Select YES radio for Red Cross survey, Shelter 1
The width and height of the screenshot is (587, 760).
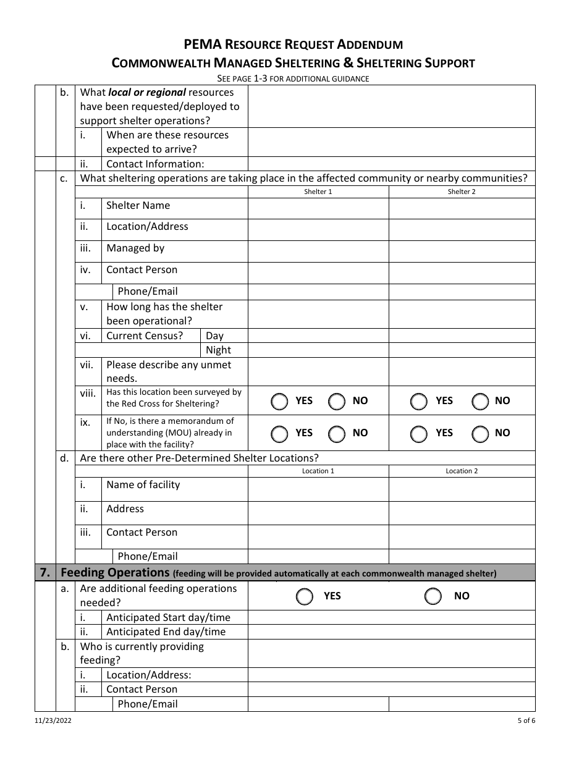tap(280, 402)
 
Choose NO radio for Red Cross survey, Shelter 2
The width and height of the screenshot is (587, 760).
tap(481, 402)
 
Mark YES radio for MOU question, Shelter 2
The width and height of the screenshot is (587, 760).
tap(419, 434)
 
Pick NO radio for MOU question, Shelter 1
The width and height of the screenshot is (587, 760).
tap(337, 434)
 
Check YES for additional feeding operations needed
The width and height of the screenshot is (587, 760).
tap(304, 596)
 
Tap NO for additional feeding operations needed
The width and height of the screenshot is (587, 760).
tap(434, 596)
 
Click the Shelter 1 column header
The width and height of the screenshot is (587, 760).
tap(318, 192)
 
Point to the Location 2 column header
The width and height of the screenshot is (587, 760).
tap(462, 471)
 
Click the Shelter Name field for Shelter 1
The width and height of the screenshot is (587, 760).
tap(318, 208)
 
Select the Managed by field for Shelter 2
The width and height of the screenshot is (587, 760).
tap(462, 251)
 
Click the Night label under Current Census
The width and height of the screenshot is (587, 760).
tap(218, 350)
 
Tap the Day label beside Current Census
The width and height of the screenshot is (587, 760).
tap(214, 336)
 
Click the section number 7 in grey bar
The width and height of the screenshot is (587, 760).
tap(45, 573)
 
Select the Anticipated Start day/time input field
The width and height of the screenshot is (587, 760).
tap(391, 617)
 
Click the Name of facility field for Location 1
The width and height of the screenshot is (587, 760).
tap(318, 489)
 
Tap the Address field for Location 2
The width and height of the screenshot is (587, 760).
tap(462, 513)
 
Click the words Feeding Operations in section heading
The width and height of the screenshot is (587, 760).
tap(115, 573)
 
